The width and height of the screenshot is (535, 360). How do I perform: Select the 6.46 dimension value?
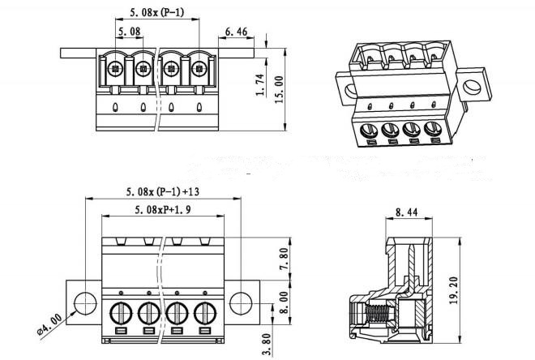236,32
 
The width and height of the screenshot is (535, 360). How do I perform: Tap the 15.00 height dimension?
279,88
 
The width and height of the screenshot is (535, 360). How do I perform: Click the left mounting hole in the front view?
83,302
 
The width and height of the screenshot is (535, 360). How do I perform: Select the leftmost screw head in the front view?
118,312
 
